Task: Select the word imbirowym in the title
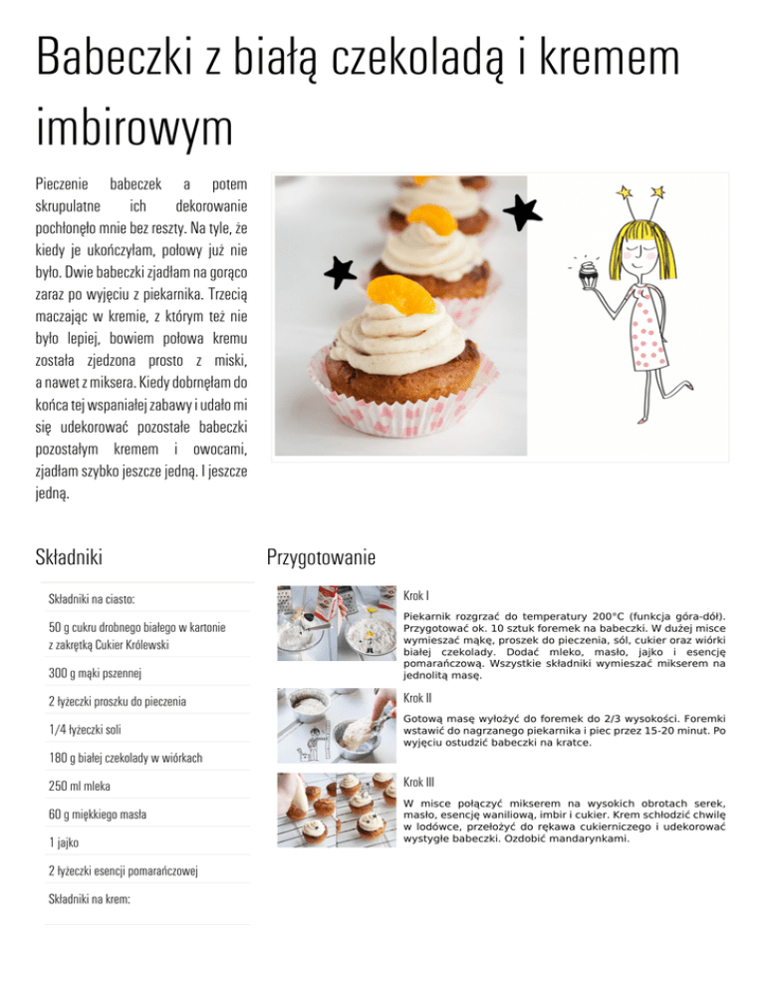coord(133,130)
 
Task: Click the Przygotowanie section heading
coord(320,556)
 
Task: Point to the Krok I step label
coord(416,595)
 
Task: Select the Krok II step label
coord(418,698)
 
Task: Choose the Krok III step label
coord(419,783)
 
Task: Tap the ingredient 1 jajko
coord(64,841)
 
